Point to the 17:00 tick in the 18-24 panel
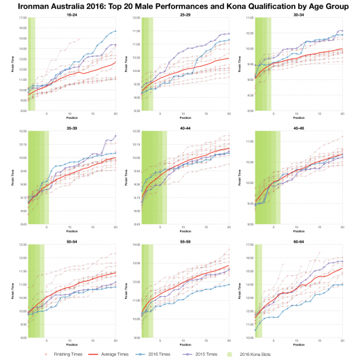tap(21, 18)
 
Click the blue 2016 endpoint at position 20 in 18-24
tap(115, 31)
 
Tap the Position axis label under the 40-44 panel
tap(185, 229)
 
